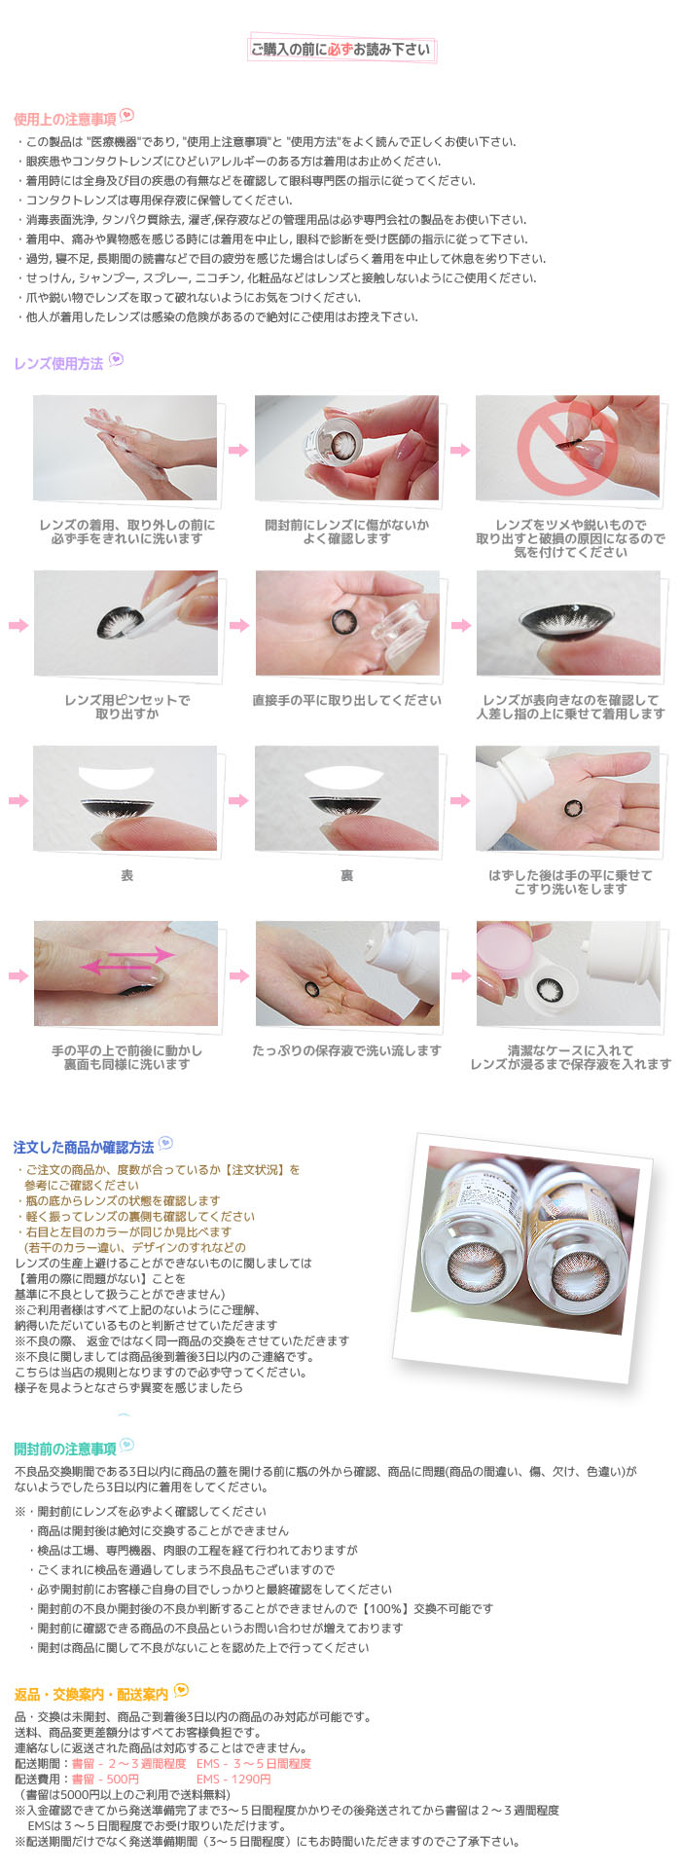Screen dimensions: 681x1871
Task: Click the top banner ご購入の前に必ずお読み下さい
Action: click(x=340, y=50)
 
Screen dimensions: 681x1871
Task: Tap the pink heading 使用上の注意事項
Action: click(x=65, y=119)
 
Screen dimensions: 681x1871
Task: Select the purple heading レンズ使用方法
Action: click(x=58, y=363)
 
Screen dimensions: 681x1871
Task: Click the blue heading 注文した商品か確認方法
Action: click(x=84, y=1146)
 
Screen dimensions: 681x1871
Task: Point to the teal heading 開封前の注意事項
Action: click(x=65, y=1448)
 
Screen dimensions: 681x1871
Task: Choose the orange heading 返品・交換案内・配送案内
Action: click(x=91, y=1694)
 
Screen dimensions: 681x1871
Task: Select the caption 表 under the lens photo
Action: click(x=126, y=876)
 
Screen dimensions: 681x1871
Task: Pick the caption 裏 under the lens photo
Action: click(x=346, y=876)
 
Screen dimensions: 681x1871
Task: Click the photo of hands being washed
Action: click(x=125, y=448)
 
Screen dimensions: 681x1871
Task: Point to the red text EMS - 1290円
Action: click(x=233, y=1779)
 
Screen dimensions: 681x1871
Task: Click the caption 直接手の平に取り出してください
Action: click(x=346, y=701)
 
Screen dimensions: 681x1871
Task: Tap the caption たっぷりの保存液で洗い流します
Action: click(x=346, y=1051)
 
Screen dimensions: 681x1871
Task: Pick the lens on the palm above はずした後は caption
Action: click(x=573, y=807)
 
